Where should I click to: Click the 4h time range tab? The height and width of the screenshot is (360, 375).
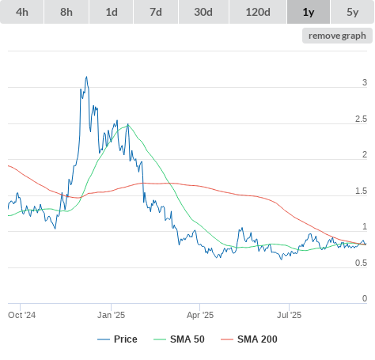pyautogui.click(x=22, y=12)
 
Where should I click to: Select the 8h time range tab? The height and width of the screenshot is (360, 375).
pyautogui.click(x=66, y=12)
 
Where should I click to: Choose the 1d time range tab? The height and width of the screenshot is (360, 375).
pyautogui.click(x=112, y=12)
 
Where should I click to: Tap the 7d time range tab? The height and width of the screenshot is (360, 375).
pyautogui.click(x=156, y=12)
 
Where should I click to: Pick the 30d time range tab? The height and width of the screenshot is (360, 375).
pyautogui.click(x=203, y=12)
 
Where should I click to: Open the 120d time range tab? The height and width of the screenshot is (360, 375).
pyautogui.click(x=258, y=12)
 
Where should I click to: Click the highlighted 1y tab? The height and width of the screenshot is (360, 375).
pyautogui.click(x=309, y=12)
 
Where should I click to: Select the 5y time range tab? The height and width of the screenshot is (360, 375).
pyautogui.click(x=353, y=12)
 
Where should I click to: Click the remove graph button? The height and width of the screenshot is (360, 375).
pyautogui.click(x=337, y=36)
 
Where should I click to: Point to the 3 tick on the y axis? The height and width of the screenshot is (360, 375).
pyautogui.click(x=365, y=82)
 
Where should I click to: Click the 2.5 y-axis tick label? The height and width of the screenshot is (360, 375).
pyautogui.click(x=361, y=119)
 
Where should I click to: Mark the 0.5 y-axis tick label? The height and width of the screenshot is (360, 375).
pyautogui.click(x=361, y=263)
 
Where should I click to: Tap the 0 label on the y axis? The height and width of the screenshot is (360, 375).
pyautogui.click(x=365, y=298)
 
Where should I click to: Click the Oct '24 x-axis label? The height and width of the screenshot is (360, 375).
pyautogui.click(x=22, y=315)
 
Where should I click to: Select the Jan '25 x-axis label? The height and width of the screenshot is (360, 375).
pyautogui.click(x=111, y=315)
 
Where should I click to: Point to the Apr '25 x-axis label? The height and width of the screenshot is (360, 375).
pyautogui.click(x=200, y=315)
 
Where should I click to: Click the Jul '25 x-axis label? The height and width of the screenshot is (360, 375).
pyautogui.click(x=289, y=315)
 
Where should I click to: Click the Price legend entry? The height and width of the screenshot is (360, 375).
pyautogui.click(x=117, y=339)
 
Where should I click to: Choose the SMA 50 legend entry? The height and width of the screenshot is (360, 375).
pyautogui.click(x=179, y=339)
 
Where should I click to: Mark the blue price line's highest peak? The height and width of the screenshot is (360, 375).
pyautogui.click(x=86, y=77)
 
